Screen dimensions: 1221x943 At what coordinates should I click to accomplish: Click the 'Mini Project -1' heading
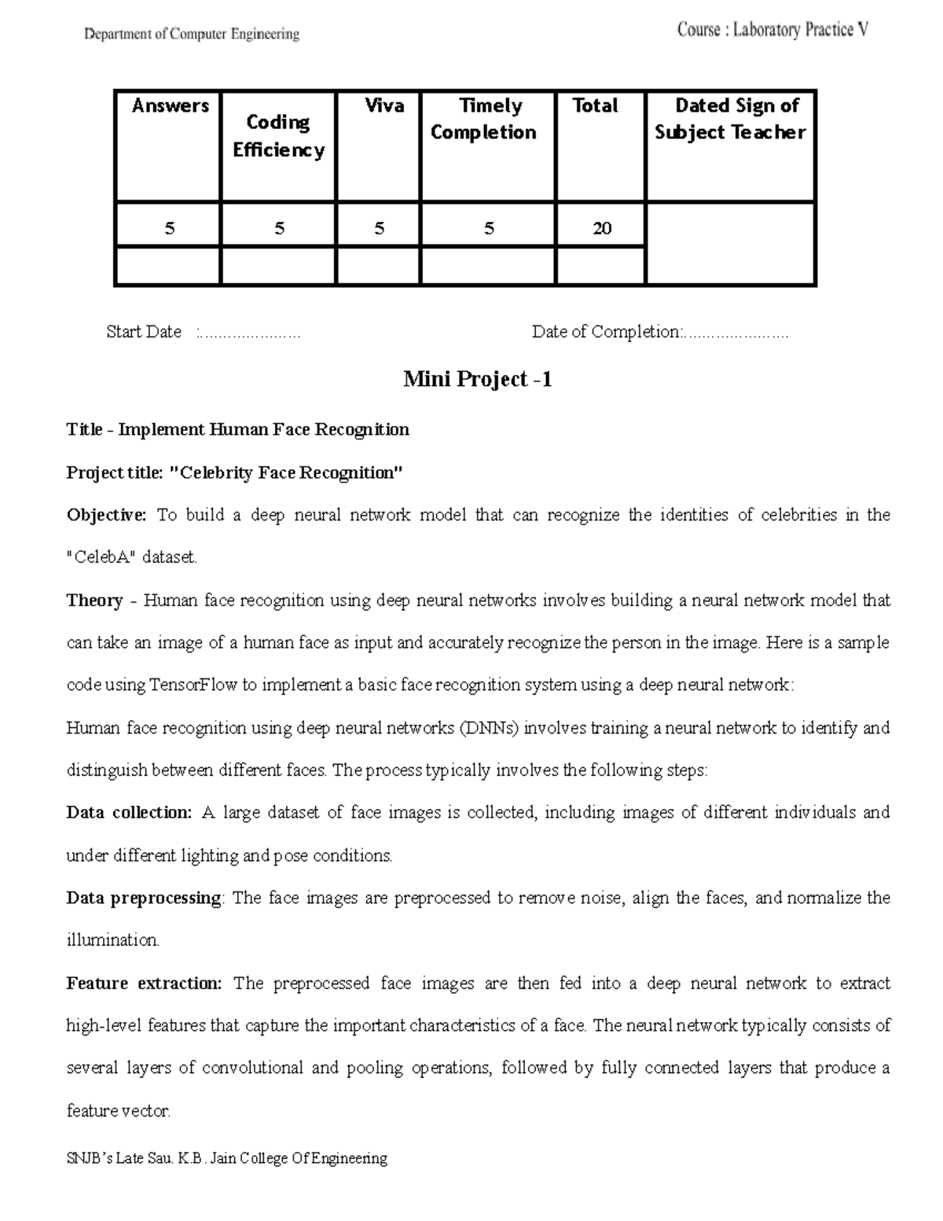pos(477,380)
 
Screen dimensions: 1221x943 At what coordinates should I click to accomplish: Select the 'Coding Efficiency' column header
pos(278,136)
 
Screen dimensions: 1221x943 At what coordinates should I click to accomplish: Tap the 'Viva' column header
pos(383,106)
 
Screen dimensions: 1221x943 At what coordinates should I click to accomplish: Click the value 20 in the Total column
pos(601,229)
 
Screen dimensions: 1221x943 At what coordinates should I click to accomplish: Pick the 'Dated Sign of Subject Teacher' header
pos(730,119)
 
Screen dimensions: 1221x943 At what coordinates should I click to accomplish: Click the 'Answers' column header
pos(170,106)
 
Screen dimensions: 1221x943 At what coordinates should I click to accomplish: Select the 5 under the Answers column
pos(169,229)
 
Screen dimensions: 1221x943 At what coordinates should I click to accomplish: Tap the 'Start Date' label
pos(144,332)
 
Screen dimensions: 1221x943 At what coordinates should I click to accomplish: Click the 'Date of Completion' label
pos(605,332)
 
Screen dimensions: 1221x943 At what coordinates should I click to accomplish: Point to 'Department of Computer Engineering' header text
pos(192,34)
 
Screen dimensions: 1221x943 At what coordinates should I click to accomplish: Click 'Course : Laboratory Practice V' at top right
pos(772,31)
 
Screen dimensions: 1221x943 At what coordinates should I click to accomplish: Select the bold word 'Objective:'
pos(106,515)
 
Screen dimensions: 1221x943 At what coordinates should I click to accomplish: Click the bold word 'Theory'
pos(94,601)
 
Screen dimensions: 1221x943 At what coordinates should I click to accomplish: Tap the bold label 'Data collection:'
pos(129,812)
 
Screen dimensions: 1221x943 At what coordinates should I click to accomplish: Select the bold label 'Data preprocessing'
pos(144,898)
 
